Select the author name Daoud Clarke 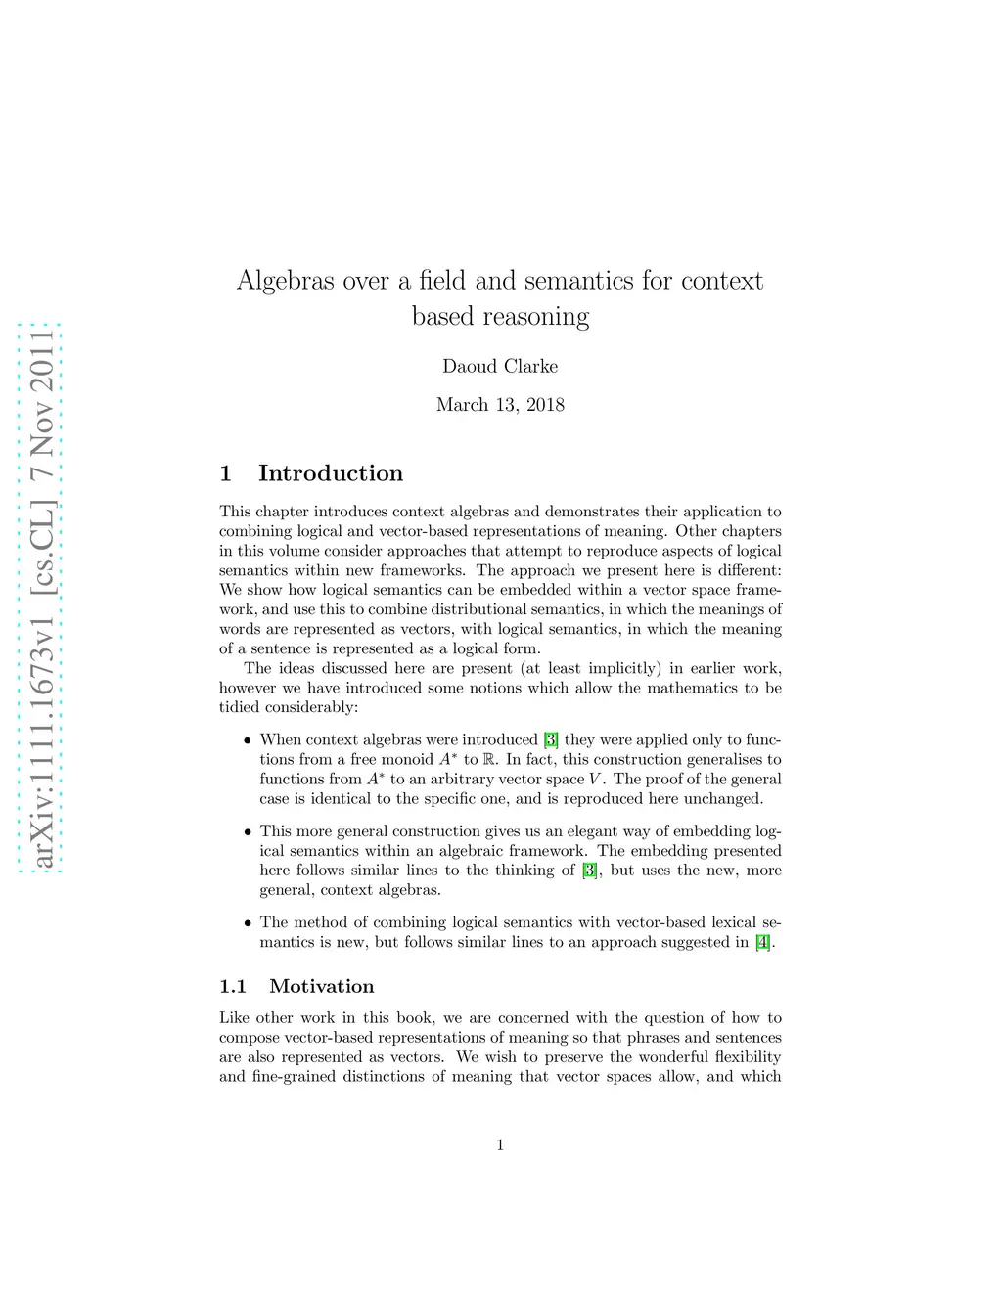click(x=500, y=367)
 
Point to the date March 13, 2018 click(x=500, y=405)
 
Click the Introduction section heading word click(x=330, y=473)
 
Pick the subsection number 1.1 click(x=233, y=986)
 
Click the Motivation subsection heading click(x=322, y=986)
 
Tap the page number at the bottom click(x=500, y=1144)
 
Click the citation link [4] click(x=763, y=942)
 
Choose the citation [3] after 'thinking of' click(x=589, y=871)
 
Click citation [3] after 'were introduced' click(x=551, y=739)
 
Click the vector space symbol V click(x=595, y=779)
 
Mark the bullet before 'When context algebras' click(x=248, y=740)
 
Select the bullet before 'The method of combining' click(x=248, y=922)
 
